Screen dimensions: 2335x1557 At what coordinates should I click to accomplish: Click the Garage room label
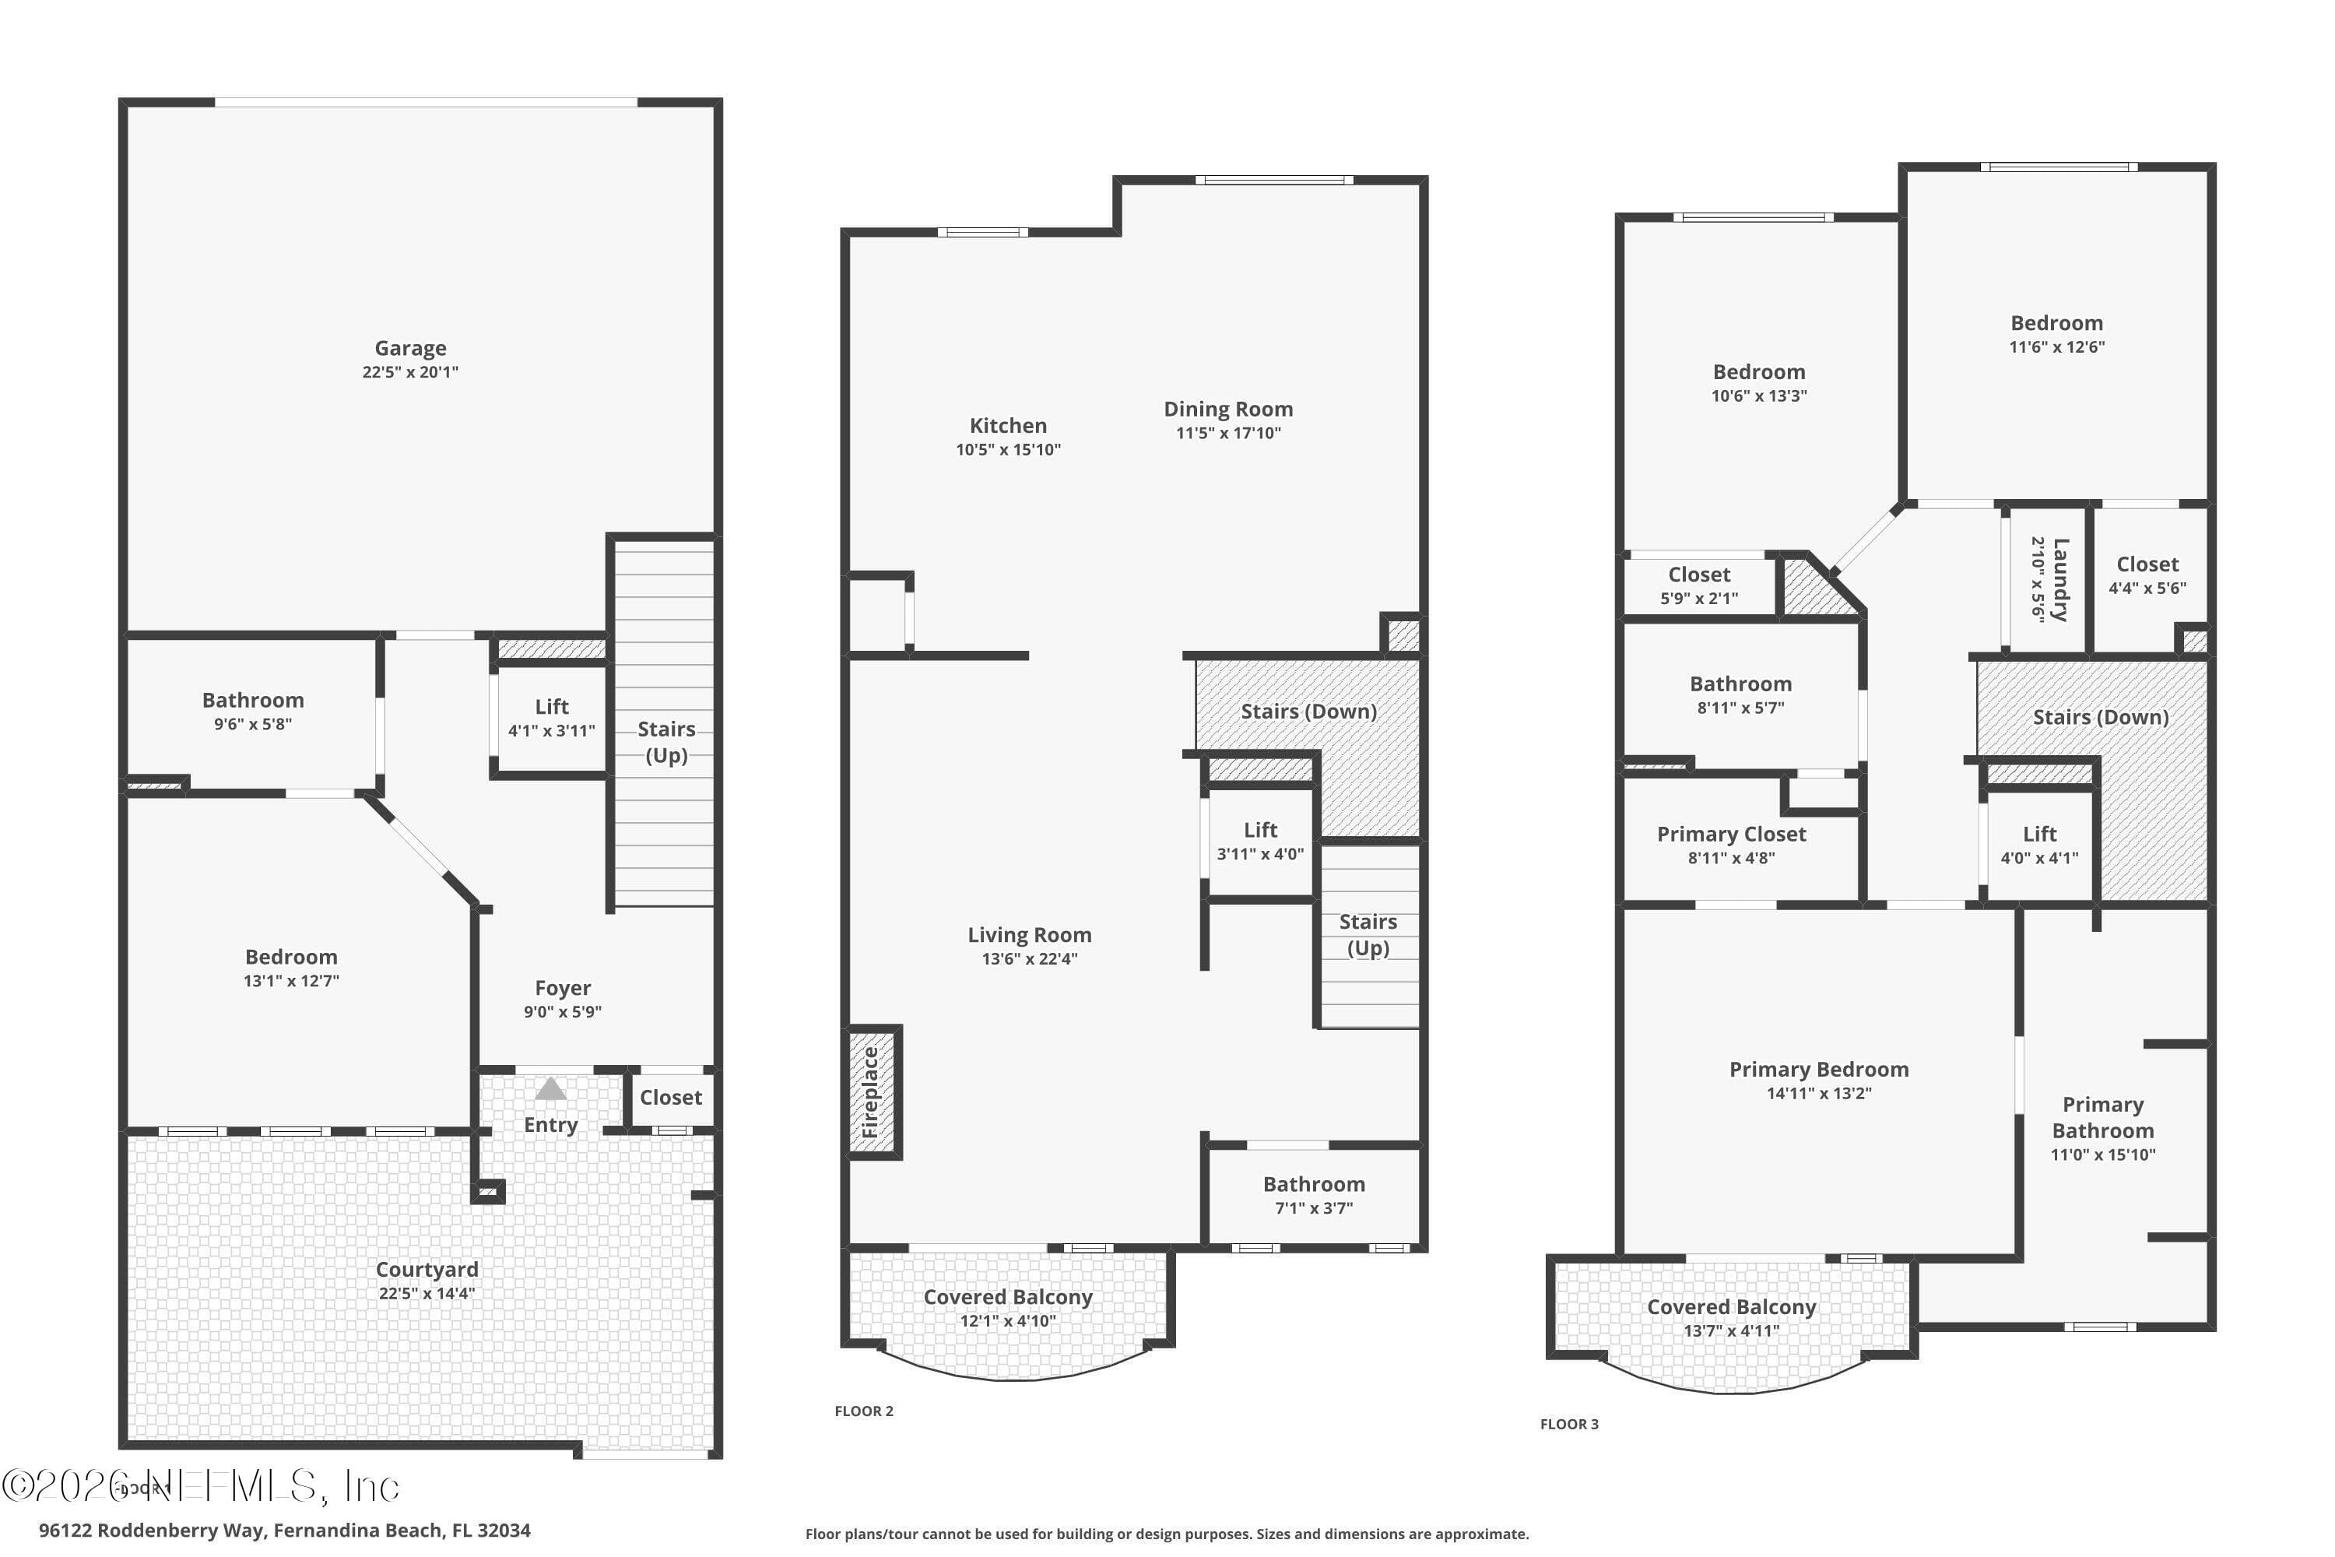pyautogui.click(x=410, y=349)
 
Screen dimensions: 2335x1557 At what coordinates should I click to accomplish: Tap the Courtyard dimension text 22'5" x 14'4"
pyautogui.click(x=427, y=1294)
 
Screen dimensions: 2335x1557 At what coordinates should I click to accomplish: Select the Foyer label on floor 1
pyautogui.click(x=563, y=988)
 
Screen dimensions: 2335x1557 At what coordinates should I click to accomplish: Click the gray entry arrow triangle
pyautogui.click(x=551, y=1089)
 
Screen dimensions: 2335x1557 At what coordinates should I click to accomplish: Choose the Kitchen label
pyautogui.click(x=1008, y=426)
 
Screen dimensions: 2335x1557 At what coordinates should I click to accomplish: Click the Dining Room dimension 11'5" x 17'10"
pyautogui.click(x=1228, y=433)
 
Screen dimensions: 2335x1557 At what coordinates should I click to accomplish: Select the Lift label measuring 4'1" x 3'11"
pyautogui.click(x=552, y=707)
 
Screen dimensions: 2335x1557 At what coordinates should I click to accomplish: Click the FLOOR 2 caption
pyautogui.click(x=864, y=1411)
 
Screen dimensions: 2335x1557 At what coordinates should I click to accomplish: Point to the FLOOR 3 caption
pyautogui.click(x=1570, y=1424)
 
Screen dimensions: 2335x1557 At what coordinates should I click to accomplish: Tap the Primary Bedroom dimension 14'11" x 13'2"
pyautogui.click(x=1819, y=1093)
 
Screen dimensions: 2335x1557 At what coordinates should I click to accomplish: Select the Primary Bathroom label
pyautogui.click(x=2103, y=1118)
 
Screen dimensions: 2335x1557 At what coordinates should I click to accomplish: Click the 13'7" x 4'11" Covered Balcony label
pyautogui.click(x=1731, y=1308)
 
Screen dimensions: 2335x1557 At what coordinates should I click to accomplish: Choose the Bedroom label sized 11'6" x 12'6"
pyautogui.click(x=2057, y=324)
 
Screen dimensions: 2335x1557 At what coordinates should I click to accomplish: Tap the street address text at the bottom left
pyautogui.click(x=285, y=1531)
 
